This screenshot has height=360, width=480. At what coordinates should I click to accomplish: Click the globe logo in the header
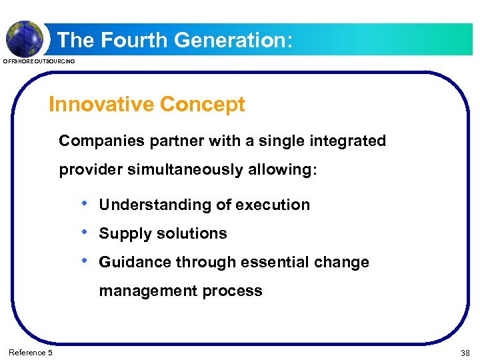point(25,37)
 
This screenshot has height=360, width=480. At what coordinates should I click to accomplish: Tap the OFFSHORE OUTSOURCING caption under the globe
point(39,61)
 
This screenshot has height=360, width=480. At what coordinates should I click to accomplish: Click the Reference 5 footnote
point(31,353)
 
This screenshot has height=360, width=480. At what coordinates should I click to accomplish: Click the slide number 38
point(464,353)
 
